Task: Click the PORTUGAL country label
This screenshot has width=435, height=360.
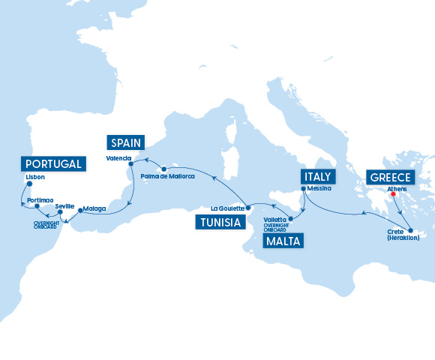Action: (x=52, y=164)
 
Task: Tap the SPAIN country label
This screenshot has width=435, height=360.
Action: (x=127, y=142)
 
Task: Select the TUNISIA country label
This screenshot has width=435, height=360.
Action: (x=220, y=221)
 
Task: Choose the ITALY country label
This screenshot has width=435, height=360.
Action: (x=316, y=176)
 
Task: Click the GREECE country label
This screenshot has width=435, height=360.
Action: (x=389, y=177)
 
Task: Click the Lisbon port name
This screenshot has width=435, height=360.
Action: (x=35, y=177)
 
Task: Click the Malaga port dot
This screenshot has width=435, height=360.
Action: (x=80, y=208)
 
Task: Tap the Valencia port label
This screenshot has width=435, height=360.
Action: (x=118, y=158)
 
